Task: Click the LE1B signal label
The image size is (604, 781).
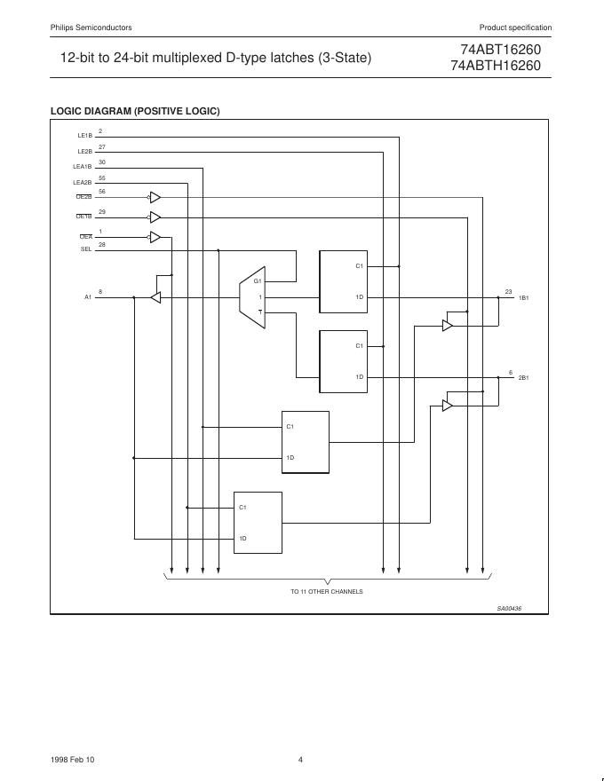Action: click(85, 136)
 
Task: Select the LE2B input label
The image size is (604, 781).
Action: click(85, 152)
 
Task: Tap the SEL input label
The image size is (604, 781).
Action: click(86, 249)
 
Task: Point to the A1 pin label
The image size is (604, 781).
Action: click(88, 297)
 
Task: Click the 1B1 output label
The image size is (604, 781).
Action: click(523, 298)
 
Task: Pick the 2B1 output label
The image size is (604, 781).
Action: click(523, 378)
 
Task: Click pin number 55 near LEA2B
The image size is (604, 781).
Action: click(102, 177)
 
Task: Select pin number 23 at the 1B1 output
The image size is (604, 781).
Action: click(509, 291)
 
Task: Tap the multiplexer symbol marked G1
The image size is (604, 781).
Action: click(251, 291)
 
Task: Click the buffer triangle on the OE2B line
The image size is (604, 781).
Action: click(155, 197)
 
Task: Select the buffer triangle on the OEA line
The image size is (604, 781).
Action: click(155, 237)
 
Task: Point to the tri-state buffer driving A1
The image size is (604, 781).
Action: click(155, 297)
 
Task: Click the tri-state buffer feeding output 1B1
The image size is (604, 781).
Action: click(448, 326)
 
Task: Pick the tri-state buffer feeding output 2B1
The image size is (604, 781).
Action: click(448, 406)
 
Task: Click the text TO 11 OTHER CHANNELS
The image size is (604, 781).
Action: click(326, 591)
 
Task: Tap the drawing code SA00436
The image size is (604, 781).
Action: click(509, 608)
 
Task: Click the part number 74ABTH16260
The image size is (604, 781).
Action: click(495, 65)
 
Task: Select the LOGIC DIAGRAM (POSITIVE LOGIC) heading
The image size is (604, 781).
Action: click(135, 111)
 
